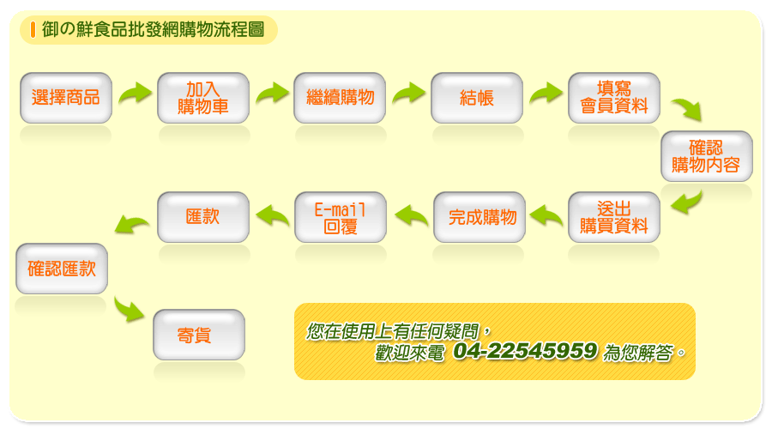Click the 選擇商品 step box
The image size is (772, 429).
point(66,98)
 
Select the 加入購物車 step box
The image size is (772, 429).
point(202,98)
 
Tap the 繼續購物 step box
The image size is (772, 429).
point(340,98)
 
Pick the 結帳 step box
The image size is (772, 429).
point(477,98)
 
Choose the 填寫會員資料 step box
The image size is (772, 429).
point(614,98)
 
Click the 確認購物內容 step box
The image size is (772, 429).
point(707,156)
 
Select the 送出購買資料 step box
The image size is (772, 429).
point(614,217)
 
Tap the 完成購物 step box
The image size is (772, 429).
point(479,217)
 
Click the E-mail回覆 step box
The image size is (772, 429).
point(341,217)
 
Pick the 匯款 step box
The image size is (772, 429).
point(202,217)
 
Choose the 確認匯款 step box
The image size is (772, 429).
point(62,269)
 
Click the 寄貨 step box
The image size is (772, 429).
point(199,335)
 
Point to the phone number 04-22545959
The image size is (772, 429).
point(525,351)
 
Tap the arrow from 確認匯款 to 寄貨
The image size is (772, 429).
point(129,309)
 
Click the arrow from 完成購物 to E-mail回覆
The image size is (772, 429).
point(412,215)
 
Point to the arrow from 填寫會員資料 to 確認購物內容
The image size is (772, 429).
point(687,109)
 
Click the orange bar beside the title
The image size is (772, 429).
point(33,29)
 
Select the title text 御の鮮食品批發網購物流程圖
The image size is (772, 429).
point(154,29)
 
